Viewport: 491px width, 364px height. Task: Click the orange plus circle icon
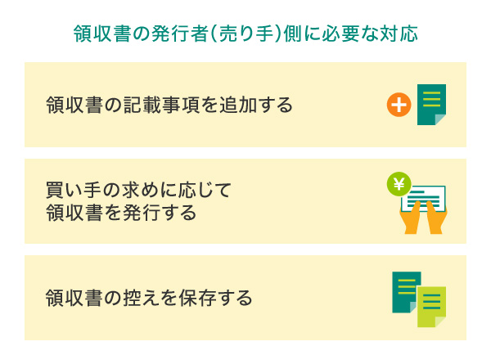(398, 105)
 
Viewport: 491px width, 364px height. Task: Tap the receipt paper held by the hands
(426, 199)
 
